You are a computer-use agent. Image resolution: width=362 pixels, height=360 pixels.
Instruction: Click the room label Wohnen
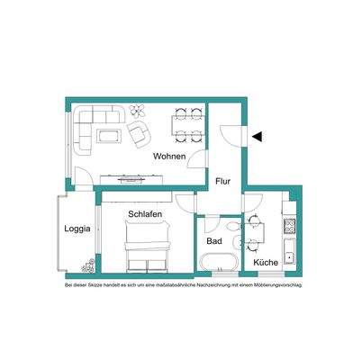click(x=168, y=157)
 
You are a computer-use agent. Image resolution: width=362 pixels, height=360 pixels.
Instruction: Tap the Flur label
click(x=223, y=182)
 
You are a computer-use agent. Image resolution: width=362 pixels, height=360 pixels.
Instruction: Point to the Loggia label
click(x=77, y=229)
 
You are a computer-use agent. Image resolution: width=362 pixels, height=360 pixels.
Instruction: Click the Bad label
click(x=213, y=242)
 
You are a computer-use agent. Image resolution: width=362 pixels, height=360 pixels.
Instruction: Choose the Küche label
click(x=266, y=263)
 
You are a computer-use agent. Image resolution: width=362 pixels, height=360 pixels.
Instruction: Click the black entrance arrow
click(x=258, y=137)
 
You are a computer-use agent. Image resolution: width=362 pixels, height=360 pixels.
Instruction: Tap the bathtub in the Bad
click(x=218, y=263)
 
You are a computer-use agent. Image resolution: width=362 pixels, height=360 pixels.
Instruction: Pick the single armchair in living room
click(x=140, y=136)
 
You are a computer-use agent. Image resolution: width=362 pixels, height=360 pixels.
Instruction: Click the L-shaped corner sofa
click(x=90, y=126)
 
